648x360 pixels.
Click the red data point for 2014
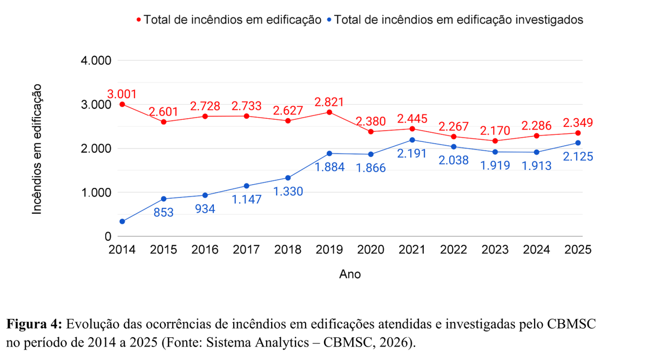click(122, 104)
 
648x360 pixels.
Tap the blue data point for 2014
click(122, 221)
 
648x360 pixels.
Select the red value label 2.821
click(329, 103)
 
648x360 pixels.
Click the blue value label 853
click(163, 213)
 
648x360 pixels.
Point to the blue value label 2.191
click(412, 154)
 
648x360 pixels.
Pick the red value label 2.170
click(495, 131)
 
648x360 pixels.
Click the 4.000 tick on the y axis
click(96, 60)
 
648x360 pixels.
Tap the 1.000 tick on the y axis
click(96, 193)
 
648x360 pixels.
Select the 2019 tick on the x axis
click(329, 250)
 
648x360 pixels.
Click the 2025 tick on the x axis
click(578, 250)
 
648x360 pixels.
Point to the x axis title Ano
click(350, 274)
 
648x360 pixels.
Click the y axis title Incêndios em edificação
click(37, 149)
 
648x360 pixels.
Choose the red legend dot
click(139, 20)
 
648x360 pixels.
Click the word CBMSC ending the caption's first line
click(573, 325)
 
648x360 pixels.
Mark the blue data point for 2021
click(412, 140)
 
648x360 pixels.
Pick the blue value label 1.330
click(288, 191)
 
